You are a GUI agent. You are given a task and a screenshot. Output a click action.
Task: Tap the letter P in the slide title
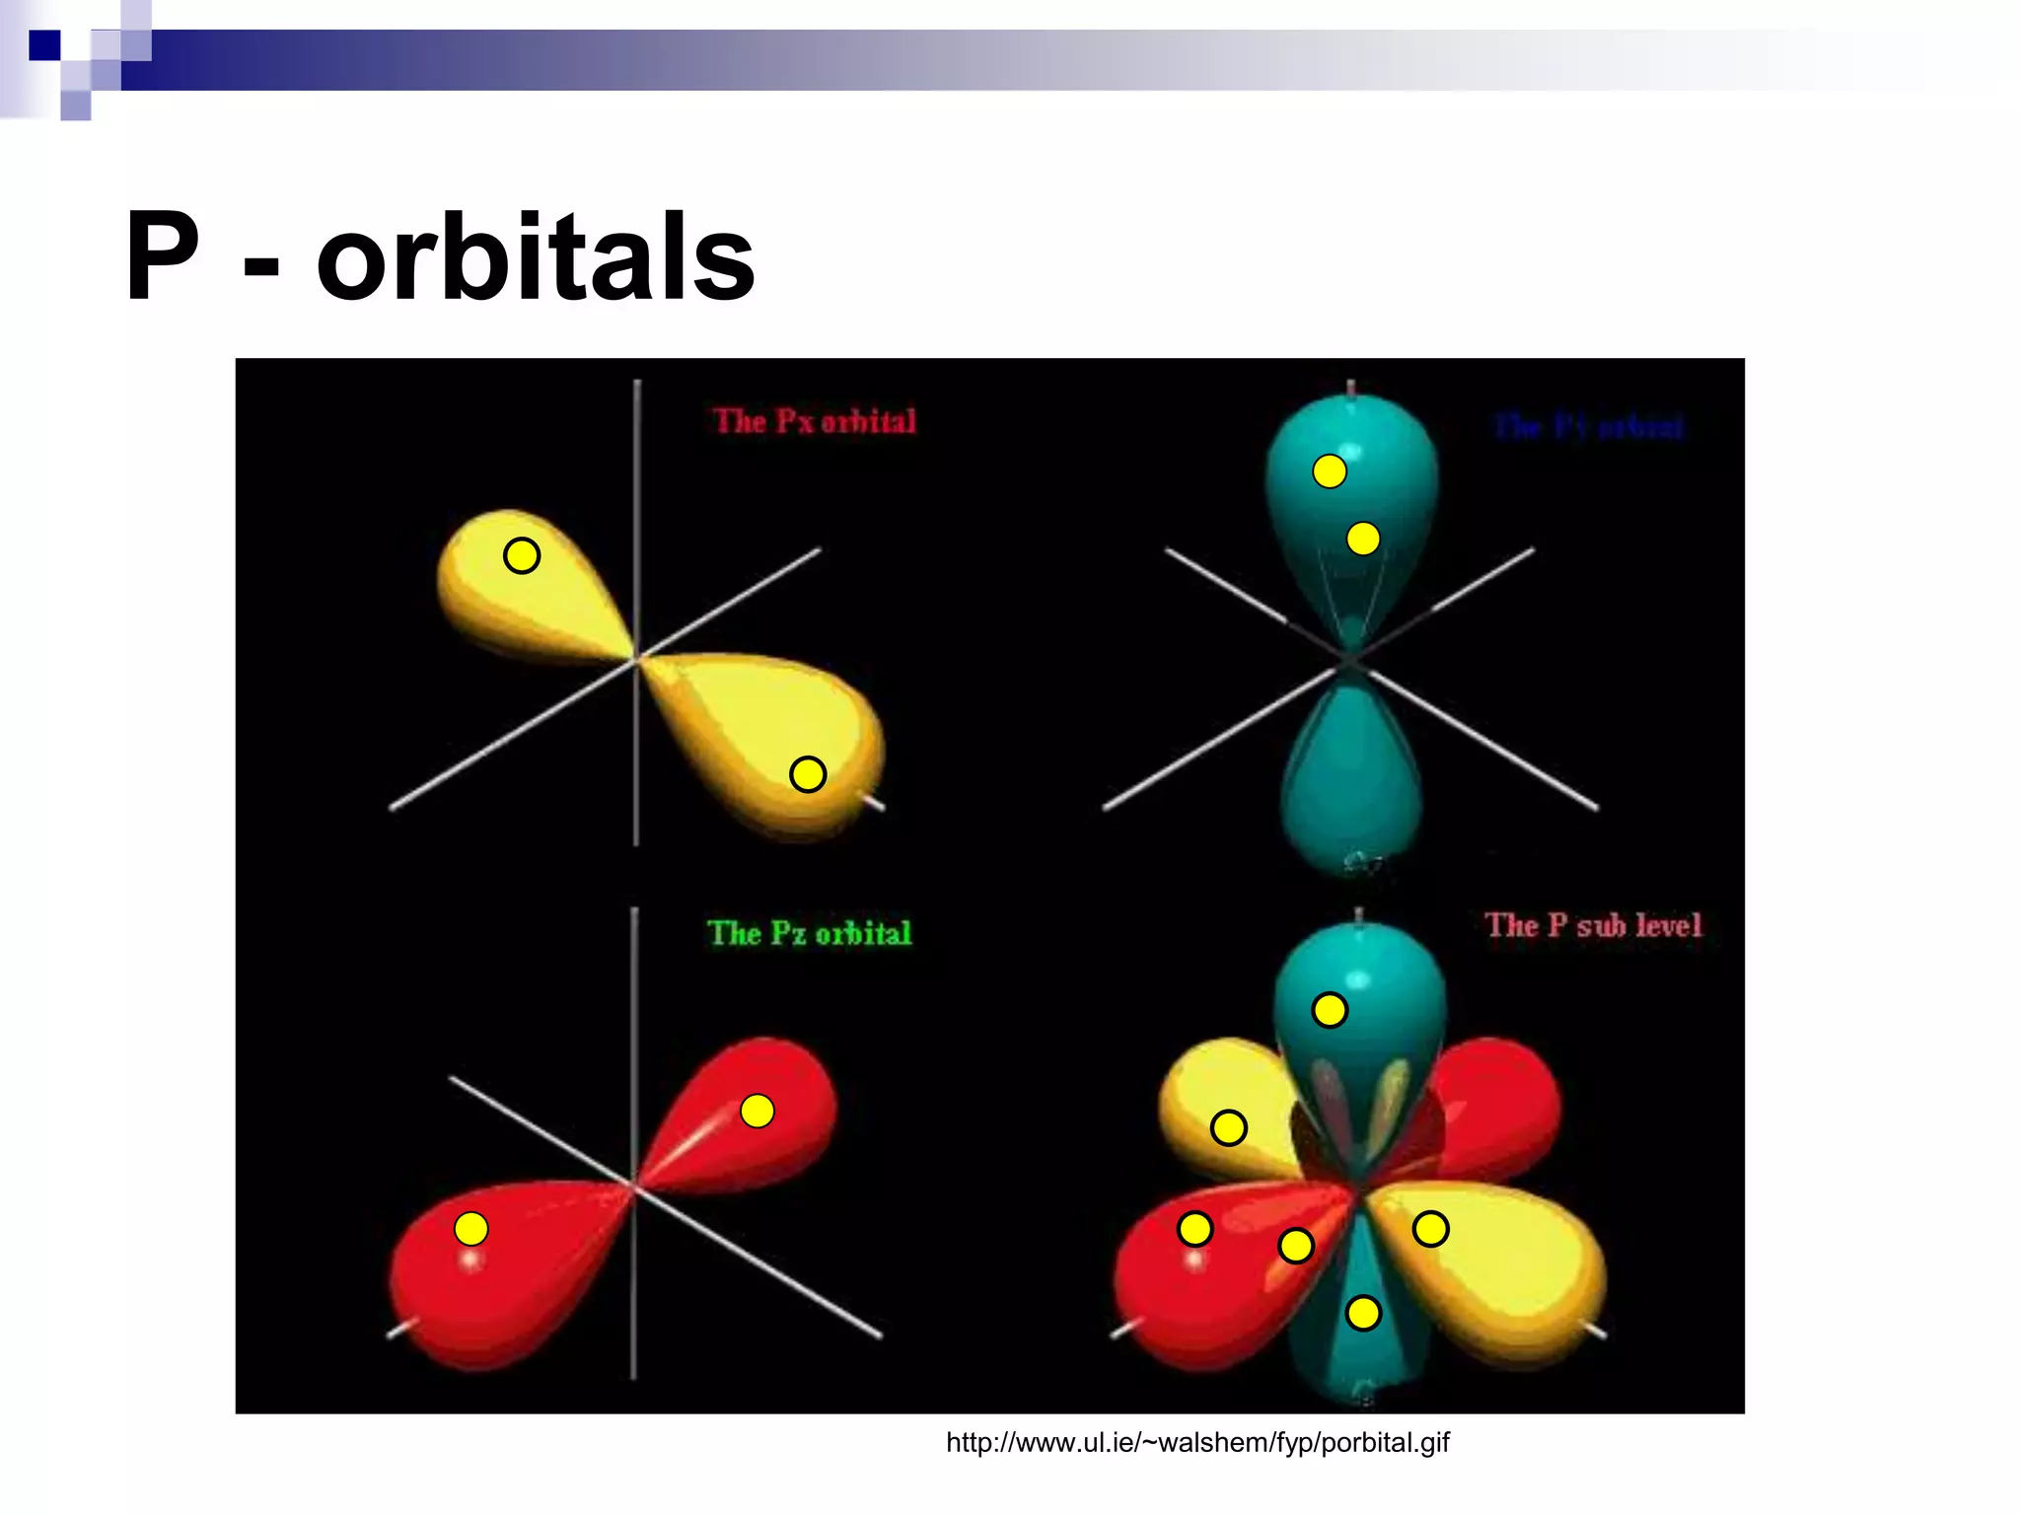(163, 258)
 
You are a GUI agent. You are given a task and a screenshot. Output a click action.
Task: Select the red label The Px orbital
(815, 421)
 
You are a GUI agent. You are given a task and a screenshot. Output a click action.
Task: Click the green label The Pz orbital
(810, 933)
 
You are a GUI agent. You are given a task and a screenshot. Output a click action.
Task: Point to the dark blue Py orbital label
(1588, 427)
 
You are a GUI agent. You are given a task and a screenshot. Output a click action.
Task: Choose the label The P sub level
(1593, 925)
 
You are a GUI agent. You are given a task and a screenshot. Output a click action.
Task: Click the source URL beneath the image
(1197, 1443)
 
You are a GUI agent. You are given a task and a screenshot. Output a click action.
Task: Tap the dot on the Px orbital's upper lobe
(522, 556)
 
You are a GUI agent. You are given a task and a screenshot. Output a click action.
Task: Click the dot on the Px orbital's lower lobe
(808, 774)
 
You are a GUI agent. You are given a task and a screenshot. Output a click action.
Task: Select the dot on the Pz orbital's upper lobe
(757, 1112)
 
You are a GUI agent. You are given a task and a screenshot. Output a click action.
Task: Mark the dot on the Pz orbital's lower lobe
(471, 1229)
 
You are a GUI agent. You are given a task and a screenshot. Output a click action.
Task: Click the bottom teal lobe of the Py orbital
(1352, 779)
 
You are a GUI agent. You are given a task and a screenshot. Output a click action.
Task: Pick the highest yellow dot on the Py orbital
(1330, 471)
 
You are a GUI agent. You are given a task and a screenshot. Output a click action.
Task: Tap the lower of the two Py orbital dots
(1363, 539)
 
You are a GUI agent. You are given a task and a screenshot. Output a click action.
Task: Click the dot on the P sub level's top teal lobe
(1330, 1010)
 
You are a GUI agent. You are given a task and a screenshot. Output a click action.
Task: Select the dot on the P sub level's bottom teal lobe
(1363, 1313)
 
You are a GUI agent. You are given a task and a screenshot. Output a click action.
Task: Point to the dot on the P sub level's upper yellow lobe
(1229, 1127)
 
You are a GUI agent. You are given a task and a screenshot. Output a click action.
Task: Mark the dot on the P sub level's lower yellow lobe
(1430, 1229)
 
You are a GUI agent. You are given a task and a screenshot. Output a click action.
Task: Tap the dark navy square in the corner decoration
(44, 45)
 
